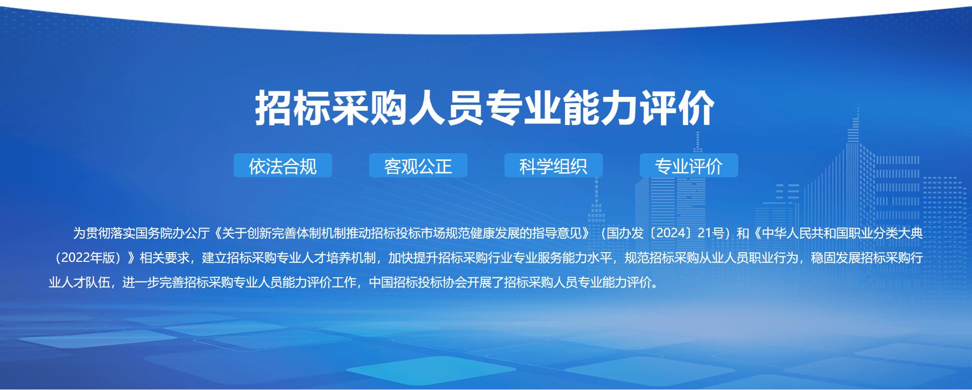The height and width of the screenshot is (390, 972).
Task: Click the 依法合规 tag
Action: (x=283, y=166)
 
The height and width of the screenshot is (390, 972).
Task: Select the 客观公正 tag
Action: (x=418, y=166)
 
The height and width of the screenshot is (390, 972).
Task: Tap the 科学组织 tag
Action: (x=554, y=166)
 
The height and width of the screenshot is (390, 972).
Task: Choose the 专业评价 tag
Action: (x=689, y=166)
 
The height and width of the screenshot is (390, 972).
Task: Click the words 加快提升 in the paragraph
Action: (x=413, y=258)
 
